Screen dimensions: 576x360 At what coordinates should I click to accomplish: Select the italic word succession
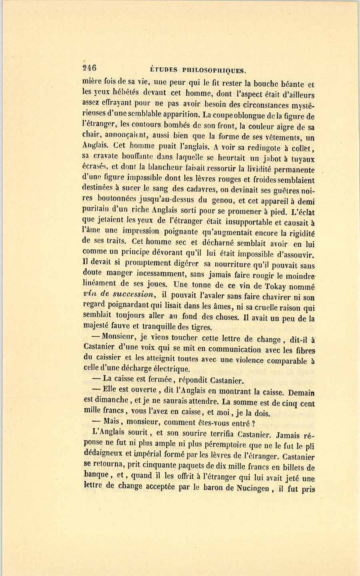point(134,294)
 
